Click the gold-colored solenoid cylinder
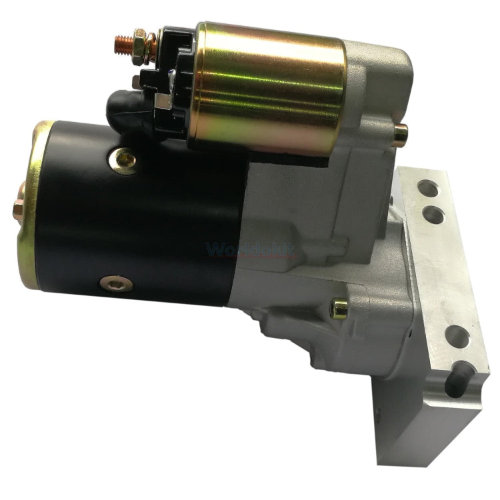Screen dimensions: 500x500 [x=267, y=87]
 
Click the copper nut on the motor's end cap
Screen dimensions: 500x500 [x=18, y=207]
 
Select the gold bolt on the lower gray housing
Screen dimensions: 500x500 [x=339, y=307]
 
